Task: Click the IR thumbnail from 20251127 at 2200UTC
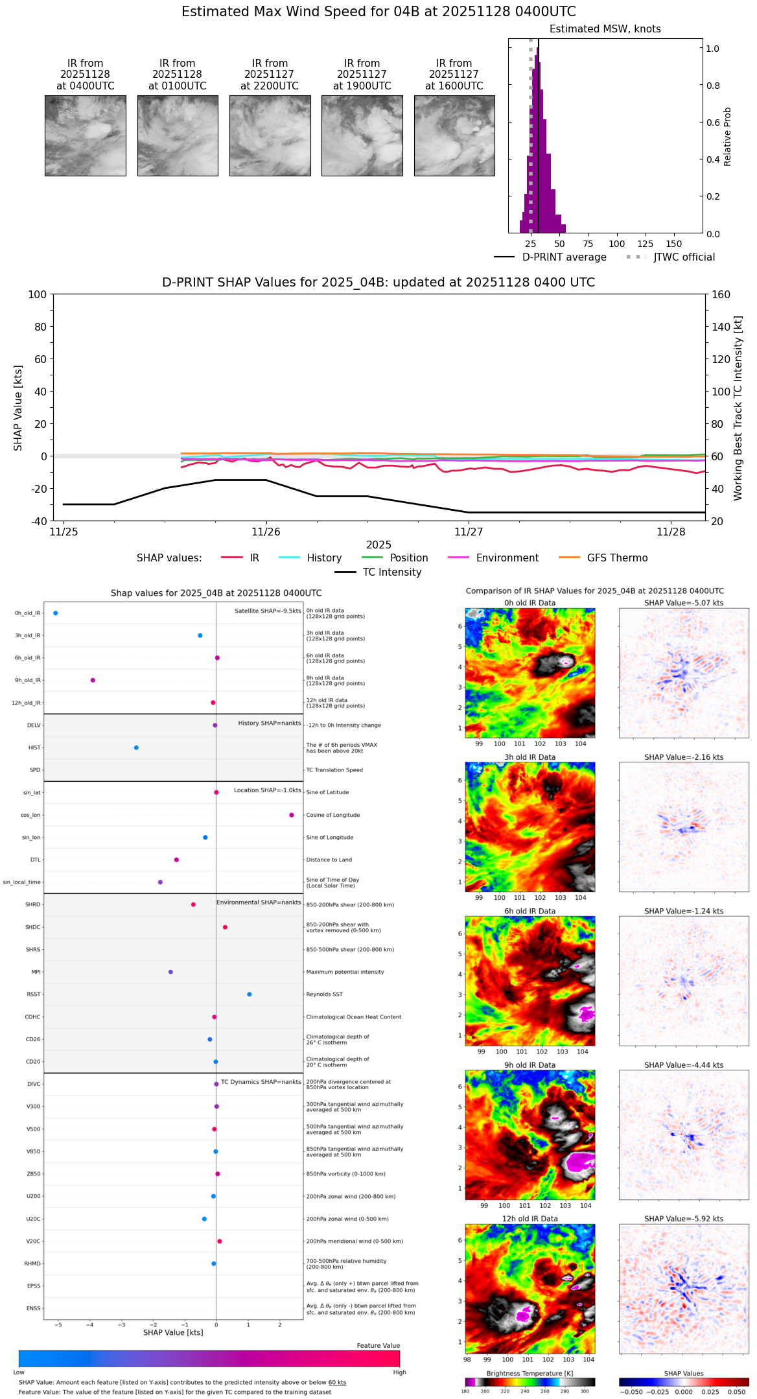[x=270, y=135]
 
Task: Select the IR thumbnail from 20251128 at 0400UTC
[x=85, y=135]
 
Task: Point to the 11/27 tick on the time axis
[x=469, y=532]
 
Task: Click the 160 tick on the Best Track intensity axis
[x=721, y=294]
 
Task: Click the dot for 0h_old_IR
[x=56, y=613]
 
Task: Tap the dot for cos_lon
[x=292, y=815]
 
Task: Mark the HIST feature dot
[x=136, y=747]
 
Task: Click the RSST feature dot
[x=250, y=994]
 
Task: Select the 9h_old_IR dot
[x=93, y=680]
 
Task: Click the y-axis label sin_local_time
[x=21, y=882]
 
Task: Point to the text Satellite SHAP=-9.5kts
[x=268, y=611]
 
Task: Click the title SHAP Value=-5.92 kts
[x=684, y=1219]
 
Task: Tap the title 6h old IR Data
[x=530, y=911]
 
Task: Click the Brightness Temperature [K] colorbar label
[x=530, y=1374]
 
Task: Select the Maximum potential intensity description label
[x=345, y=972]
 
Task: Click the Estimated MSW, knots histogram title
[x=605, y=29]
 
